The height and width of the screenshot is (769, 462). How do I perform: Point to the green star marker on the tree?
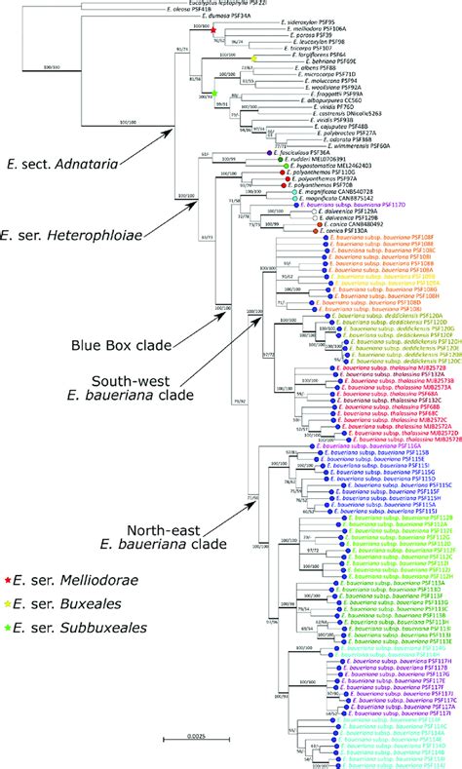[214, 94]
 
